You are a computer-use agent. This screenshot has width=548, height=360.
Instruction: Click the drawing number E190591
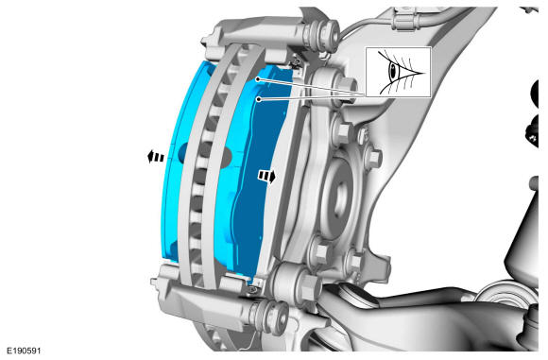tap(25, 351)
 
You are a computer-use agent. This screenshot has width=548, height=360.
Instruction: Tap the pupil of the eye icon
tap(394, 72)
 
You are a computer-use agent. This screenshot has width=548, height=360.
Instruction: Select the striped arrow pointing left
tap(156, 157)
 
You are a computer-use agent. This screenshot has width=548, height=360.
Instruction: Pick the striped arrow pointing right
tap(266, 176)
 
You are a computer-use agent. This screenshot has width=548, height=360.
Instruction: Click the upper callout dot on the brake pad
tap(258, 79)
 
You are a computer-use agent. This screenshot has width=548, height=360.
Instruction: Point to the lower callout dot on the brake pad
tap(259, 99)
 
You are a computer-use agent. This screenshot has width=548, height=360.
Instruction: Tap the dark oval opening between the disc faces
tap(206, 154)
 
